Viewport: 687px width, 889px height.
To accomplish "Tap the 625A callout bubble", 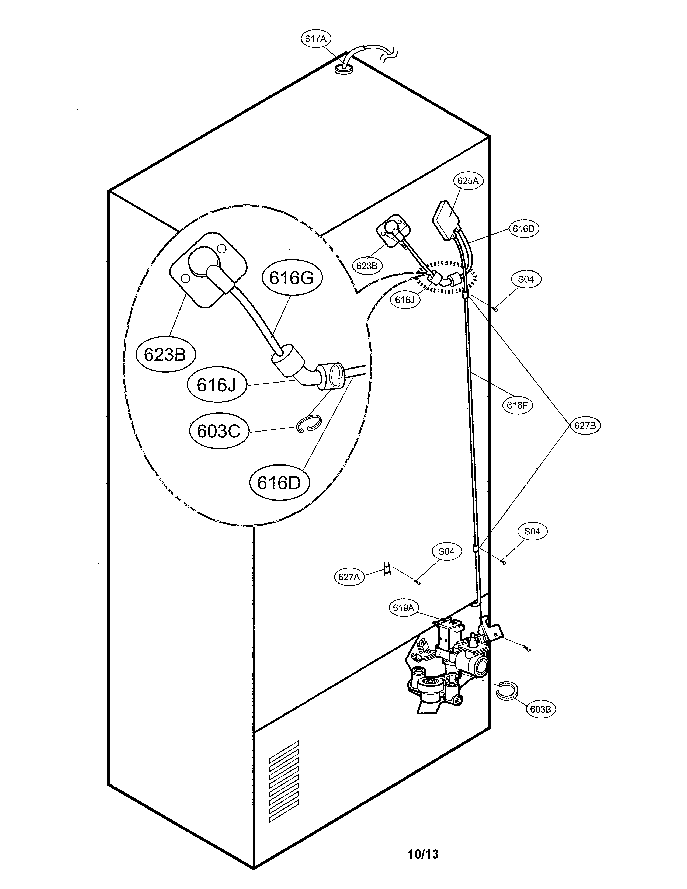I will click(x=468, y=181).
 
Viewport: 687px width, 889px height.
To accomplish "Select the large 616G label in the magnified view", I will click(x=292, y=278).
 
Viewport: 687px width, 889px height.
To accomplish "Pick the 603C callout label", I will click(x=219, y=431).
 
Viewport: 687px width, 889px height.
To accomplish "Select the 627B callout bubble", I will click(x=585, y=426).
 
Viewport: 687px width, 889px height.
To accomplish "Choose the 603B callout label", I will click(x=540, y=720).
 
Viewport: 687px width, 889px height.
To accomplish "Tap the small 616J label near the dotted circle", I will click(x=405, y=300).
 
